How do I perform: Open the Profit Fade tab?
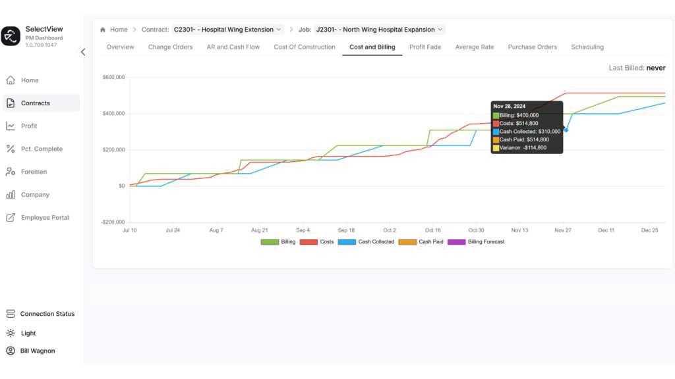coord(425,47)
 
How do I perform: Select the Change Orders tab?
coord(170,47)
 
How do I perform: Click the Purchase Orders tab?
coord(532,47)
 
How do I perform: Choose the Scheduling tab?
coord(587,47)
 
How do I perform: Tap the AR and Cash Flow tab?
coord(233,47)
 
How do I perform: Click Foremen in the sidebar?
coord(34,172)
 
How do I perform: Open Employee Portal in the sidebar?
coord(45,218)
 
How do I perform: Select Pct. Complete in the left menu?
coord(42,149)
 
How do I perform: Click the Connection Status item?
coord(47,314)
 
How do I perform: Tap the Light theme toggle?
coord(28,333)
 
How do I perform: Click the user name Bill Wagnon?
coord(38,351)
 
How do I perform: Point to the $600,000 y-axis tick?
coord(113,78)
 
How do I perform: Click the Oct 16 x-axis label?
coord(433,230)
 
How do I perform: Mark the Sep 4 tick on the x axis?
coord(303,230)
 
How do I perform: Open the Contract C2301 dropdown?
coord(228,30)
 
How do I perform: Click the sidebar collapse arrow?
coord(83,52)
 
